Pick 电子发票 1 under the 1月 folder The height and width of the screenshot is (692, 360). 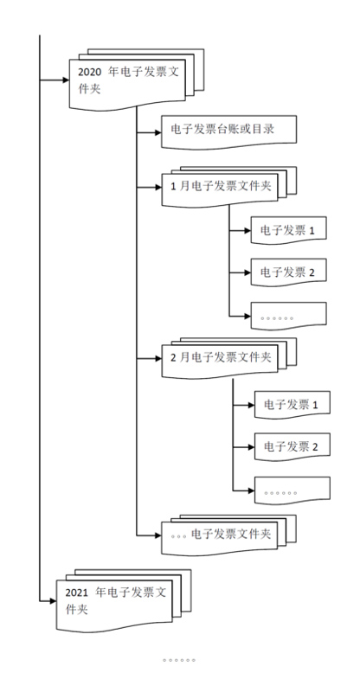(x=287, y=230)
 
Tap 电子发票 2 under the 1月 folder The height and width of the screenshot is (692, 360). (x=287, y=272)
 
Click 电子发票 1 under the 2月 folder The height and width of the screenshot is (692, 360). (x=292, y=404)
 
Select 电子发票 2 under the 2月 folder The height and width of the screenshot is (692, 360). (x=292, y=446)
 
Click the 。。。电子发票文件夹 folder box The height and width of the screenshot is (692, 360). (x=222, y=535)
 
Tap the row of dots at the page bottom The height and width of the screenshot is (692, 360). (x=179, y=660)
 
